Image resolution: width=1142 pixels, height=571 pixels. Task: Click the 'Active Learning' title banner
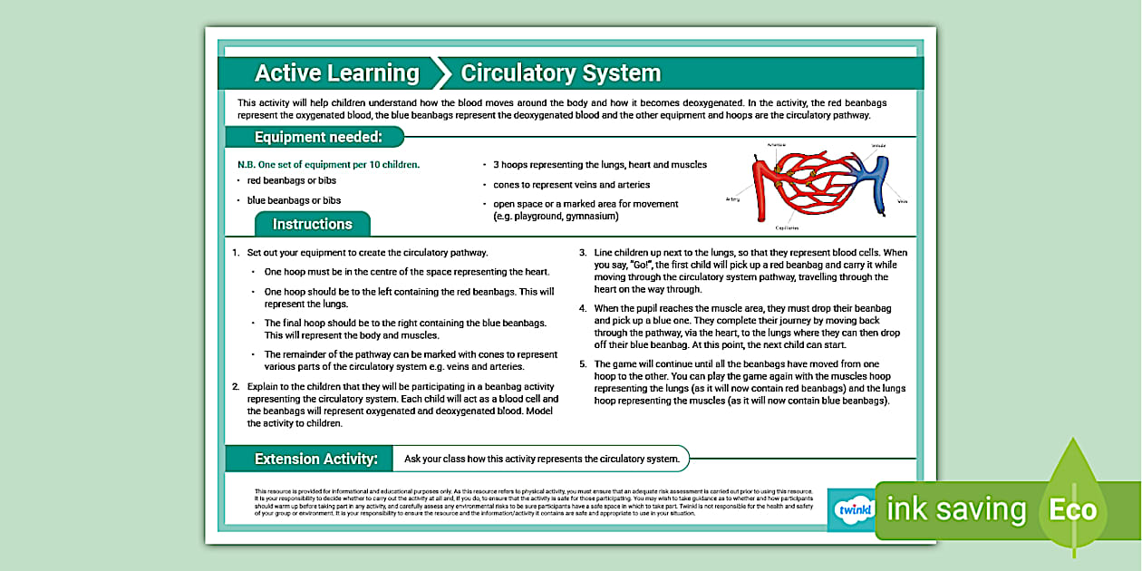click(x=336, y=73)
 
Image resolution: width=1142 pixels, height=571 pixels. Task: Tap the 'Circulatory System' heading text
click(x=560, y=73)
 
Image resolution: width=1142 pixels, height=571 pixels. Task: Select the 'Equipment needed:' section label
click(x=316, y=137)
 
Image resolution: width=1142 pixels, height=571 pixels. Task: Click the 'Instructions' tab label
click(x=312, y=224)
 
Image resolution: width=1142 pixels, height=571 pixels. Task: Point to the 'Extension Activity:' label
click(x=315, y=459)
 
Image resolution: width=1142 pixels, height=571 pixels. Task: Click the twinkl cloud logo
click(x=851, y=510)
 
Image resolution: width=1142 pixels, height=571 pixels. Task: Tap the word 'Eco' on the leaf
click(x=1072, y=509)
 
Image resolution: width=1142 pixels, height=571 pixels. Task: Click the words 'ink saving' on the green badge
click(x=956, y=509)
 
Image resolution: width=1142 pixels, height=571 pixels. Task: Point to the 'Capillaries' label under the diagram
click(x=786, y=228)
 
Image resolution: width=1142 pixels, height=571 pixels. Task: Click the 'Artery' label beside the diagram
click(x=733, y=198)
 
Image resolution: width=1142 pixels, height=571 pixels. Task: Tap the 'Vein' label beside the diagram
click(x=902, y=201)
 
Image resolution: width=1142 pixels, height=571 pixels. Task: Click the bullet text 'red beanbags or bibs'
click(x=292, y=180)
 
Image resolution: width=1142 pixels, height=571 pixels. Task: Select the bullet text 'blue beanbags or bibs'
click(x=294, y=200)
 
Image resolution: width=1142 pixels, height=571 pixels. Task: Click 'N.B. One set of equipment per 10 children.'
click(x=328, y=165)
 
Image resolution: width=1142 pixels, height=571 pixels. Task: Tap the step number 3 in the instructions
click(x=583, y=252)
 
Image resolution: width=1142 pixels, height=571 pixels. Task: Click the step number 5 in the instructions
click(x=583, y=363)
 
